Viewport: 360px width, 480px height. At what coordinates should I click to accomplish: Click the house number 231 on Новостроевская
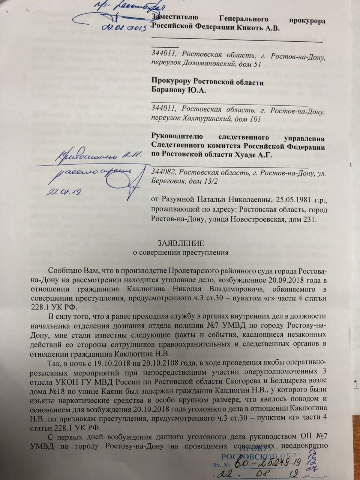[x=309, y=219]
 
